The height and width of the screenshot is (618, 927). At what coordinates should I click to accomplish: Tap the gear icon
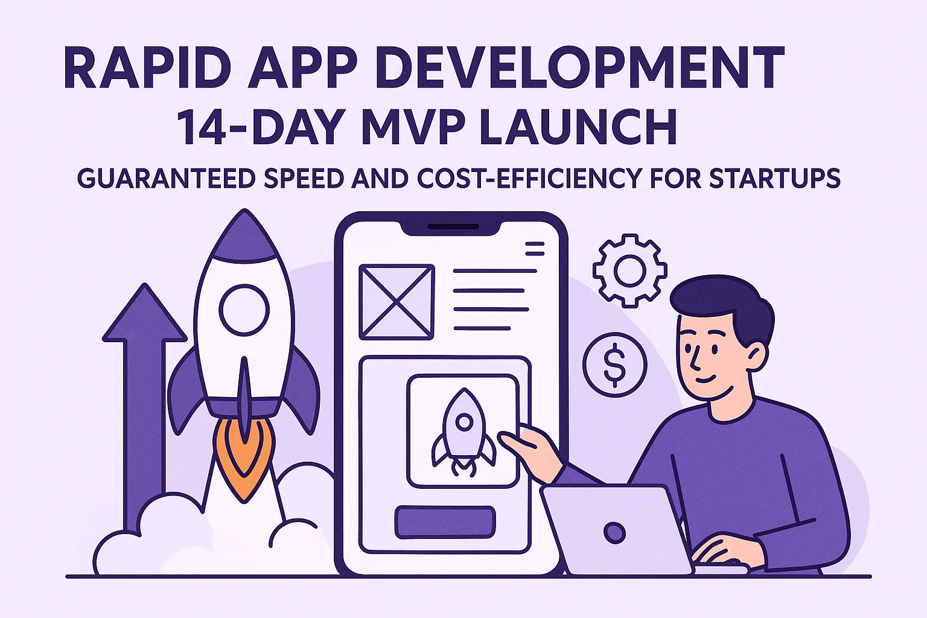tap(629, 270)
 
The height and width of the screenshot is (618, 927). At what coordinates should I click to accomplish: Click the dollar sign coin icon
tap(614, 365)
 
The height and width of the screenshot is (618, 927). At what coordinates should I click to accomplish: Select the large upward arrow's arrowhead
tap(144, 314)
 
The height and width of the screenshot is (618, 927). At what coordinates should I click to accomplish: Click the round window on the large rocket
tap(244, 310)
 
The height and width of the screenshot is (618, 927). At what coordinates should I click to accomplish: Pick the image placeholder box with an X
tap(397, 302)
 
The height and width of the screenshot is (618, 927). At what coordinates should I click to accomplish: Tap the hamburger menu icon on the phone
tap(535, 248)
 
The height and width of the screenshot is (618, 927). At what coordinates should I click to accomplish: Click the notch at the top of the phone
tap(452, 228)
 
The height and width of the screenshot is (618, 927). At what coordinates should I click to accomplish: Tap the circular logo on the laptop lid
tap(614, 532)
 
